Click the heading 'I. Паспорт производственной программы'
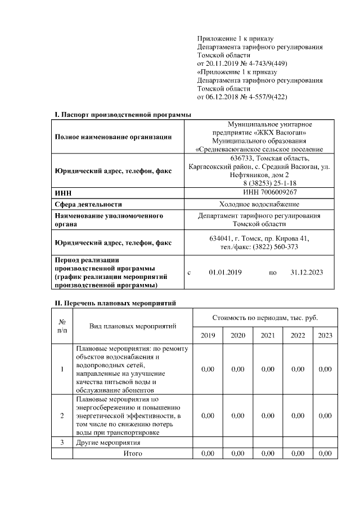[x=123, y=115]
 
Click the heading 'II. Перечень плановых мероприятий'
[x=115, y=303]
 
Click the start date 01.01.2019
[x=225, y=272]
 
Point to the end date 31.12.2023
[x=307, y=272]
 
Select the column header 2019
[x=208, y=336]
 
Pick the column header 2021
[x=268, y=336]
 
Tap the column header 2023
[x=325, y=336]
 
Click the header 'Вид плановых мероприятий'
[x=133, y=326]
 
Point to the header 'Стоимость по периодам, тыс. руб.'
[x=265, y=318]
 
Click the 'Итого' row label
[x=133, y=453]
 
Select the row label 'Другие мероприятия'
[x=108, y=443]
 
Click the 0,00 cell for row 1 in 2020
[x=237, y=369]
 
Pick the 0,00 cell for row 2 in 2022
[x=298, y=416]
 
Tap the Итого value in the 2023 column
[x=325, y=453]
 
